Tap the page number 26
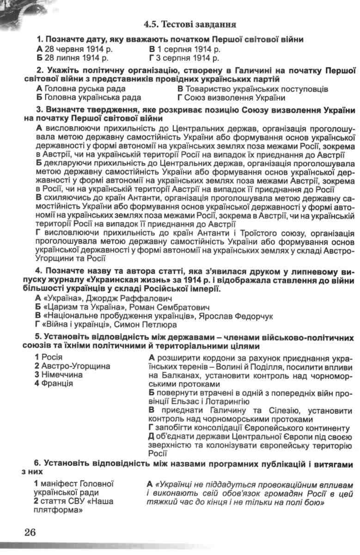[x=30, y=532]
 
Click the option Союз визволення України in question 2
[x=235, y=98]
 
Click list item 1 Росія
[x=45, y=357]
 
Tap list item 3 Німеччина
[x=58, y=375]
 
